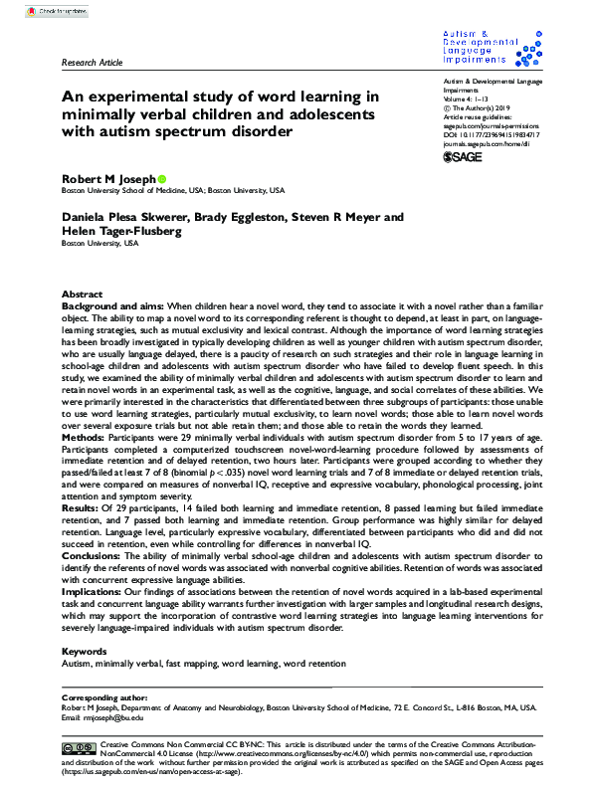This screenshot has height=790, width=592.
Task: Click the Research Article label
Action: tap(93, 62)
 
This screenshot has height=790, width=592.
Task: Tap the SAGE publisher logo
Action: tap(463, 156)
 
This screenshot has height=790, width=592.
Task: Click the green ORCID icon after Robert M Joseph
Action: tap(162, 179)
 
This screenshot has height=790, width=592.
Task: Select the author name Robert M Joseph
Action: tap(108, 179)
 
